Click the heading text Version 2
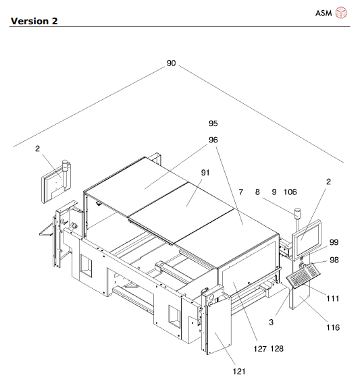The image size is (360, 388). (32, 21)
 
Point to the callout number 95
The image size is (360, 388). (213, 123)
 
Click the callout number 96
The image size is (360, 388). (213, 140)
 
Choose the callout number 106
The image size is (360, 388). (290, 192)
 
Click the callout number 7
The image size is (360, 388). (240, 192)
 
